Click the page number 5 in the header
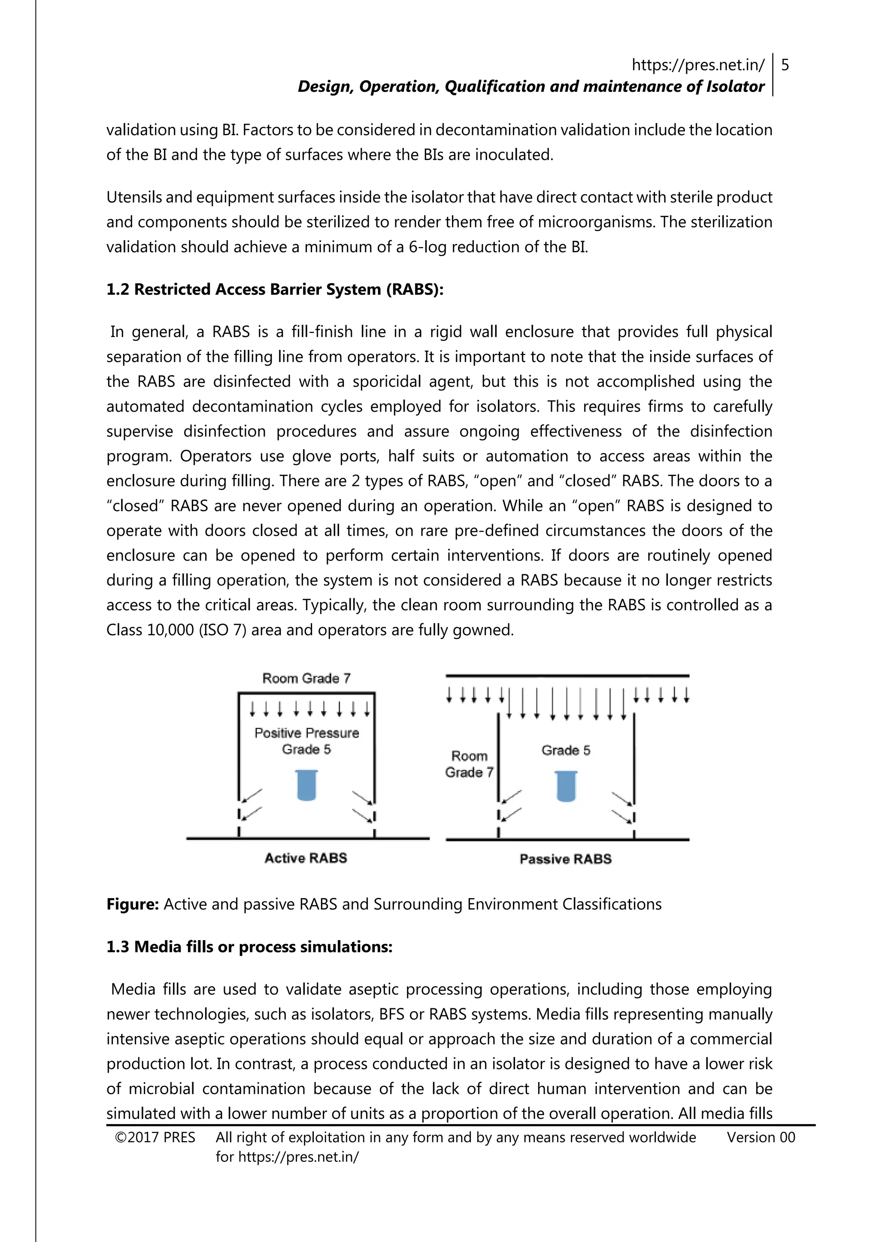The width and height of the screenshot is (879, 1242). point(785,66)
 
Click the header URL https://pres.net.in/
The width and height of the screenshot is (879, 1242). point(698,66)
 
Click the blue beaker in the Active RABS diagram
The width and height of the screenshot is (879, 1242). point(306,785)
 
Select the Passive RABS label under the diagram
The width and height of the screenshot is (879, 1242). point(566,859)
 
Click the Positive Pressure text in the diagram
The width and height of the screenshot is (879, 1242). point(306,733)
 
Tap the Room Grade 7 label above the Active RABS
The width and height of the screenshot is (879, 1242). point(306,678)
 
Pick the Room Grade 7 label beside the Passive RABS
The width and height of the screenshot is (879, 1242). point(469,764)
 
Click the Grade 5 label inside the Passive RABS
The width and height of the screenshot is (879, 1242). point(566,750)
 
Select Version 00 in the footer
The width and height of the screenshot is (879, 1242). point(761,1138)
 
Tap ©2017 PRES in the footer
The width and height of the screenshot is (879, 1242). point(155,1138)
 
